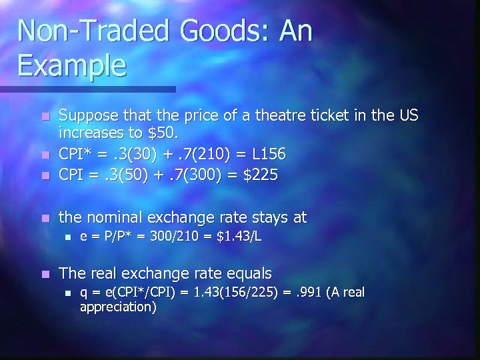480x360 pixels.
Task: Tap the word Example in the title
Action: pyautogui.click(x=72, y=66)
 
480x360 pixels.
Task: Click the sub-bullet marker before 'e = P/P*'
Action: pyautogui.click(x=65, y=237)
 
